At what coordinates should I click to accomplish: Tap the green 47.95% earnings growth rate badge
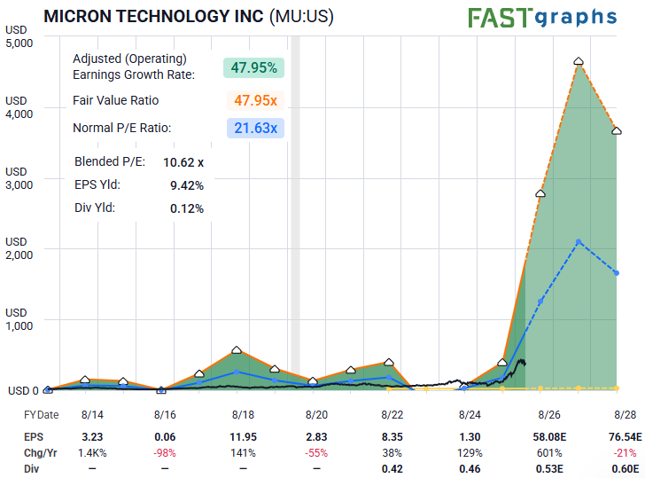tap(254, 67)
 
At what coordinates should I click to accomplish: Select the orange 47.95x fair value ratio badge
tap(255, 99)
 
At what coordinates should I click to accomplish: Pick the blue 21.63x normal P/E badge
tap(255, 129)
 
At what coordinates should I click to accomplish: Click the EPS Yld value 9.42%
tap(186, 185)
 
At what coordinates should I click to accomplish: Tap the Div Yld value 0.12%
tap(186, 208)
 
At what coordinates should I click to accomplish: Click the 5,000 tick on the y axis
tap(19, 43)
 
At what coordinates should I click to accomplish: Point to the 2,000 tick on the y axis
tap(19, 255)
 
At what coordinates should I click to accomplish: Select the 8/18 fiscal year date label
tap(244, 414)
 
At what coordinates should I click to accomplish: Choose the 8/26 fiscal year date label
tap(548, 414)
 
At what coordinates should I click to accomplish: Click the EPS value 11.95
tap(244, 436)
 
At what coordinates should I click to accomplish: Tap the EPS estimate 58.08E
tap(547, 436)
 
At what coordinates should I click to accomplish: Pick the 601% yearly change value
tap(548, 452)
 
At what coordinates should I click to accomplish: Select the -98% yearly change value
tap(167, 452)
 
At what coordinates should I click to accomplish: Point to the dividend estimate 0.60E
tap(623, 467)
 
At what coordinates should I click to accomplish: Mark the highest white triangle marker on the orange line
tap(579, 61)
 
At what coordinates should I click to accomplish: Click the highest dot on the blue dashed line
tap(579, 242)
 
